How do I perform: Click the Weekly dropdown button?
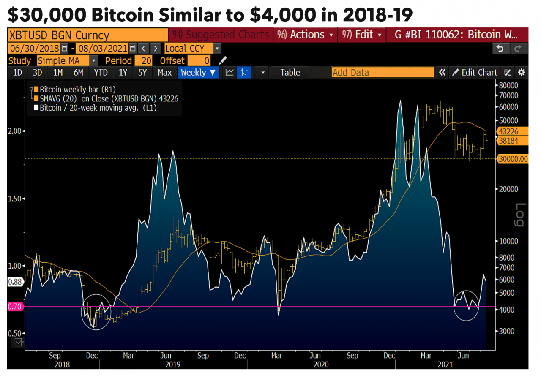(198, 73)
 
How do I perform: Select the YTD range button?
(101, 73)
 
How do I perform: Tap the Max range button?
(164, 73)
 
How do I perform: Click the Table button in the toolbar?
(290, 73)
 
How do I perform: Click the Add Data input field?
(383, 73)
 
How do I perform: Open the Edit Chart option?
(475, 73)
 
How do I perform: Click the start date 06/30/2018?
(34, 48)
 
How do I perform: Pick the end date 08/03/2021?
(102, 48)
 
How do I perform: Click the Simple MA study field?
(63, 61)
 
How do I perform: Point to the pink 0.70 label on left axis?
(15, 306)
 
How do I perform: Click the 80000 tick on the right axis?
(509, 85)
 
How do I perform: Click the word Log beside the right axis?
(520, 214)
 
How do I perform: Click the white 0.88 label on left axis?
(14, 282)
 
